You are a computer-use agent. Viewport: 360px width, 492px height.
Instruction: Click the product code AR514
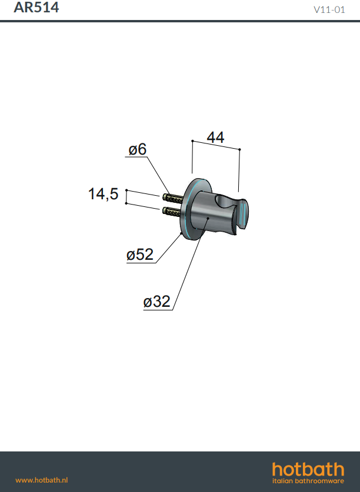[36, 7]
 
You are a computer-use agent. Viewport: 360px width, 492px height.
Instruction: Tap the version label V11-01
[329, 9]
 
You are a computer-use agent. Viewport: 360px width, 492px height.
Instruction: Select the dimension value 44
[215, 138]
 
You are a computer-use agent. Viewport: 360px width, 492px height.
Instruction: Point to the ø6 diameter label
[137, 149]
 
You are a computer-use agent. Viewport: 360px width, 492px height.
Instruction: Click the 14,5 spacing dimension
[103, 193]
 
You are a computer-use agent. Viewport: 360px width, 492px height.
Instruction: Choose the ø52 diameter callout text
[140, 255]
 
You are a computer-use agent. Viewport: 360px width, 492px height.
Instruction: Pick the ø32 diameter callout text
[156, 302]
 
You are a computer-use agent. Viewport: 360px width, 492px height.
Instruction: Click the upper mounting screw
[173, 198]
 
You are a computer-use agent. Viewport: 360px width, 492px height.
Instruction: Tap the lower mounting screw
[172, 211]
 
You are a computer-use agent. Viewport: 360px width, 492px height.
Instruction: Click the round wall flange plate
[189, 210]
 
